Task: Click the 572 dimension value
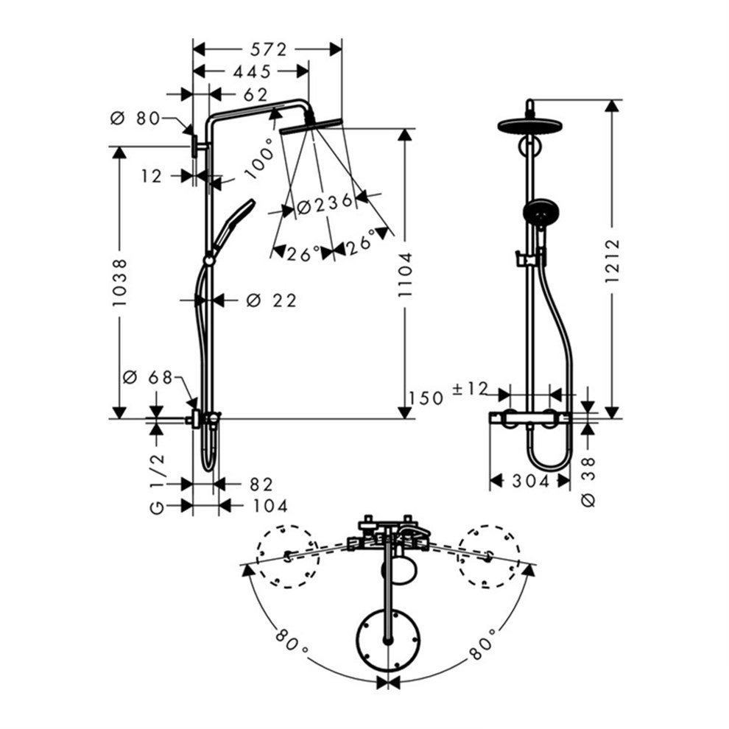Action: click(269, 49)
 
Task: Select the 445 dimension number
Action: click(252, 71)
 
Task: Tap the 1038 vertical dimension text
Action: click(119, 283)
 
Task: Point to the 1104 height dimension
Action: click(405, 275)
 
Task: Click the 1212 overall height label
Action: click(613, 261)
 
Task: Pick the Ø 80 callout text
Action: click(135, 119)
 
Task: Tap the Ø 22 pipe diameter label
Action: click(271, 301)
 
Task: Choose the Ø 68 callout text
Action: click(147, 377)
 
